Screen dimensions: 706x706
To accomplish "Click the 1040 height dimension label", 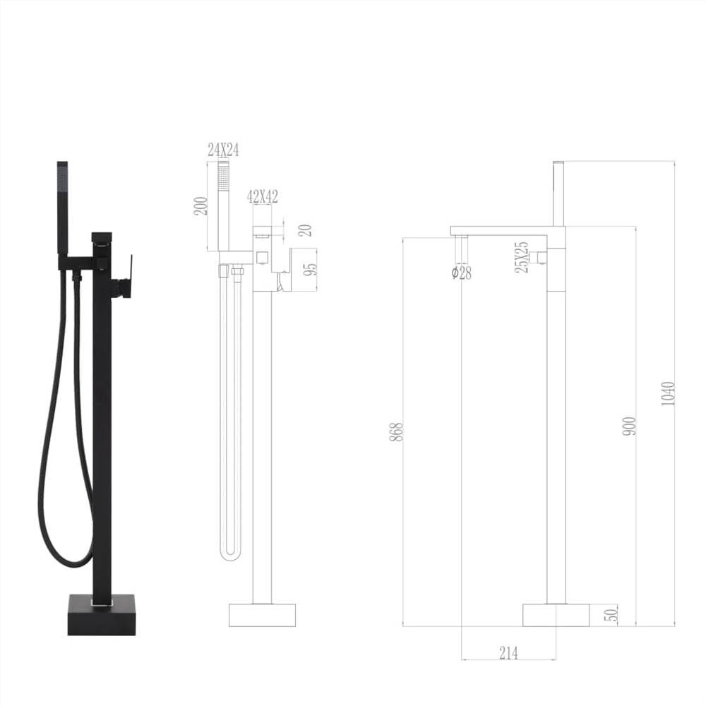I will coord(668,393).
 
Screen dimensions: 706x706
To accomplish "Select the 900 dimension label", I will coord(630,425).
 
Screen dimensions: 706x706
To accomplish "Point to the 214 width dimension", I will coord(508,653).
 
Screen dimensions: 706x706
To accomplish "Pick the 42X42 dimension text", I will coord(261,197).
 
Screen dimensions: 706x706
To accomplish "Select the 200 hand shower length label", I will coord(201,206).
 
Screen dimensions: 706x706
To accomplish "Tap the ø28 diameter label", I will coord(462,273).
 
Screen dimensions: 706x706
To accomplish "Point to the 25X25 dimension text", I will coord(521,257).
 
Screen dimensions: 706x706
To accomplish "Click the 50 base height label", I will coord(611,614).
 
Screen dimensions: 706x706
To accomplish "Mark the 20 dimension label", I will coord(304,230).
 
